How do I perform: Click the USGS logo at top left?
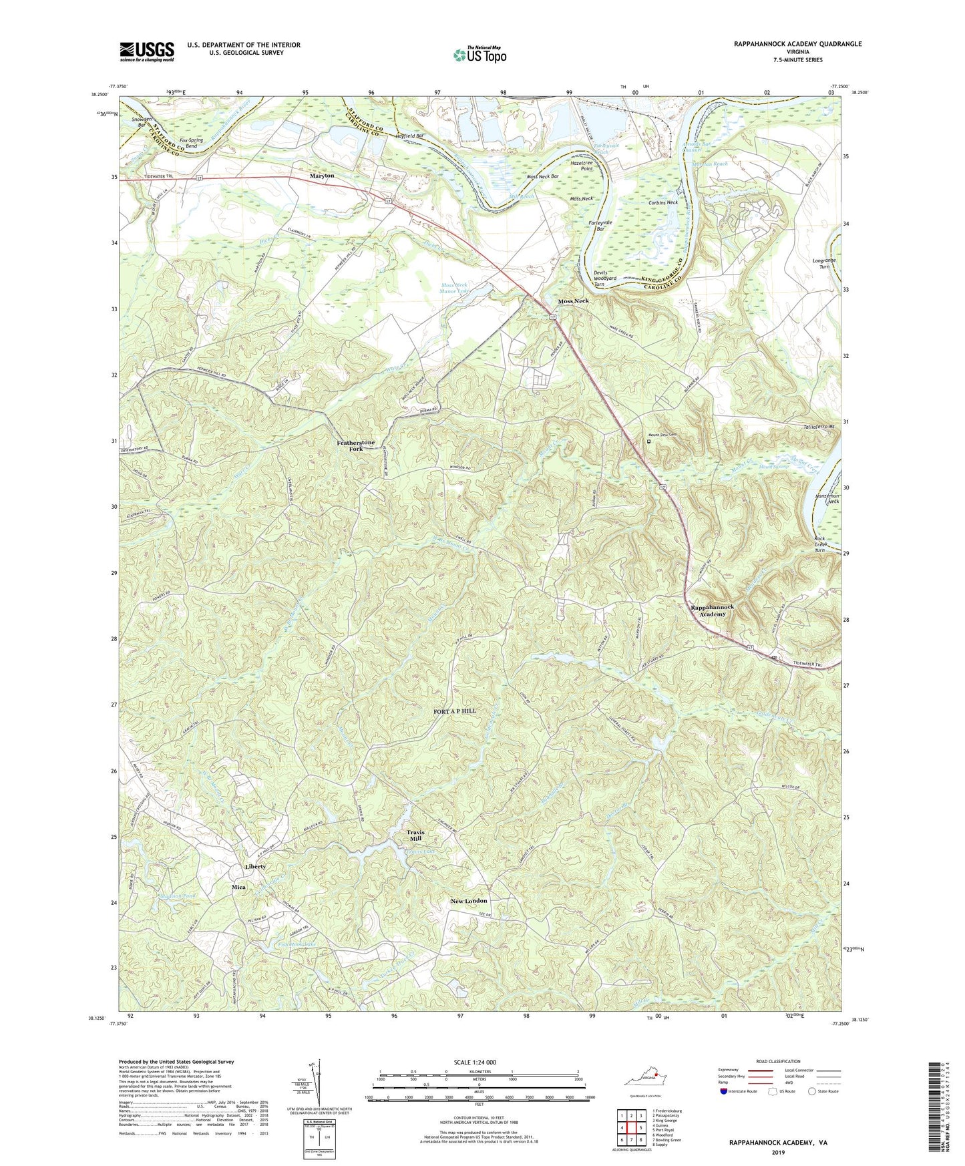147,51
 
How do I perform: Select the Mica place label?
238,887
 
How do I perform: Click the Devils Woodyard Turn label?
608,278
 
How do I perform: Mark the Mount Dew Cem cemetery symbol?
648,441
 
